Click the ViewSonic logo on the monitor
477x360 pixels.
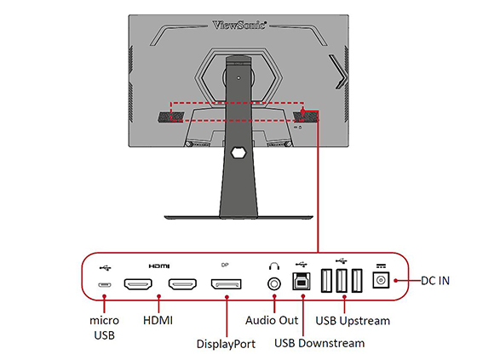239,25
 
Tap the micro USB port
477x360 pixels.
104,285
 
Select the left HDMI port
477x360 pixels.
138,284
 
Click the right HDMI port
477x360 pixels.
182,284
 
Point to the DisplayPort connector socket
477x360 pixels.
227,284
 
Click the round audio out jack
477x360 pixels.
274,284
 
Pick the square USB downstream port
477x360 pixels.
302,281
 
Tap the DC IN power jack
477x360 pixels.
381,279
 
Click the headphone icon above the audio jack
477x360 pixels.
274,266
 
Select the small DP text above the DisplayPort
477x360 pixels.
225,266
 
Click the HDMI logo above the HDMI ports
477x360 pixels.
159,266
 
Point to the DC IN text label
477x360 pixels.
435,281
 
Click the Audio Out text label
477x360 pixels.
272,321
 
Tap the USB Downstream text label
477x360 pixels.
319,343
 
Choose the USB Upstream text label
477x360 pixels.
353,321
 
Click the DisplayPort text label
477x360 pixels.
226,344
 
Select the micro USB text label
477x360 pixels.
104,328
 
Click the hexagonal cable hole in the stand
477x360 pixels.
238,152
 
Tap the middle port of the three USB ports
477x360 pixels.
342,281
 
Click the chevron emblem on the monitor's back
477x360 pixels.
338,72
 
